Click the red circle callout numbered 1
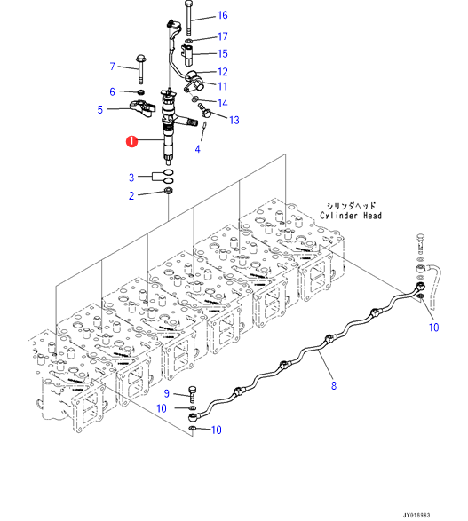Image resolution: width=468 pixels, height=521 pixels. tap(132, 141)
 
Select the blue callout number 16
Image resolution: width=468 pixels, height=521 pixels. tap(222, 15)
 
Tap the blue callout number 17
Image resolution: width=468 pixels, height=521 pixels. tap(222, 36)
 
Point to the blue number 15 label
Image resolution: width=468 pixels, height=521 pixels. tap(222, 53)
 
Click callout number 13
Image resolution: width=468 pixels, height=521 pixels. tap(234, 120)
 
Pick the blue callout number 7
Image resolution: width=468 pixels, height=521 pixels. tap(113, 67)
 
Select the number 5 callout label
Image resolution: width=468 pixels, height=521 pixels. tap(100, 110)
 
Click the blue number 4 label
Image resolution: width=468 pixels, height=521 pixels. tap(197, 149)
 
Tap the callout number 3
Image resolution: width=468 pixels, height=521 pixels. tap(131, 178)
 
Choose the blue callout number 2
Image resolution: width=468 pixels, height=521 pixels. tap(131, 195)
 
